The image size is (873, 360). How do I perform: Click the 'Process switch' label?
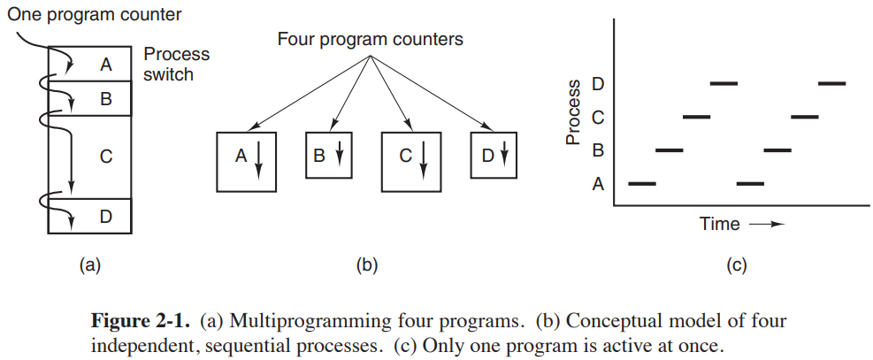pos(177,64)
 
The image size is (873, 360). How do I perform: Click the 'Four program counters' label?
pos(371,40)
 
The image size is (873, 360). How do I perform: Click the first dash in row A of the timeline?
pos(641,183)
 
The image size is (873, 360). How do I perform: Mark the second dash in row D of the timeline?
pos(832,83)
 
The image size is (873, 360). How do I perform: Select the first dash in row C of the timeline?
pos(696,116)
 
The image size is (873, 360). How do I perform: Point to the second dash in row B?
pos(777,149)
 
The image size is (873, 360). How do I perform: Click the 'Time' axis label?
pos(719,224)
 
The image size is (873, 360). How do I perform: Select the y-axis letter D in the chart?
pos(598,84)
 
